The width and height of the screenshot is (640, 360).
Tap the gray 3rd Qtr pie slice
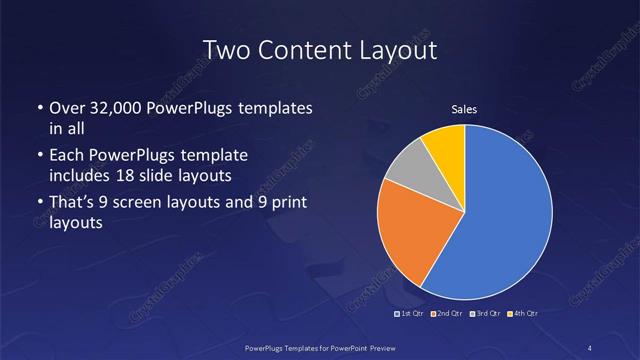coord(409,176)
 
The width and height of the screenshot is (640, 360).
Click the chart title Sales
coord(464,109)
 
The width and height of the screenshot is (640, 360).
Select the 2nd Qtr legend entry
coord(447,314)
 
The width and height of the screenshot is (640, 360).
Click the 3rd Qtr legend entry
coord(484,314)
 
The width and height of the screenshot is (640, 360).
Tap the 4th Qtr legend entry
coord(521,314)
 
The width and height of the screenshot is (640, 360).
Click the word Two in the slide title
coord(226,50)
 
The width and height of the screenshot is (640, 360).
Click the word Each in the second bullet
coord(66,157)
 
